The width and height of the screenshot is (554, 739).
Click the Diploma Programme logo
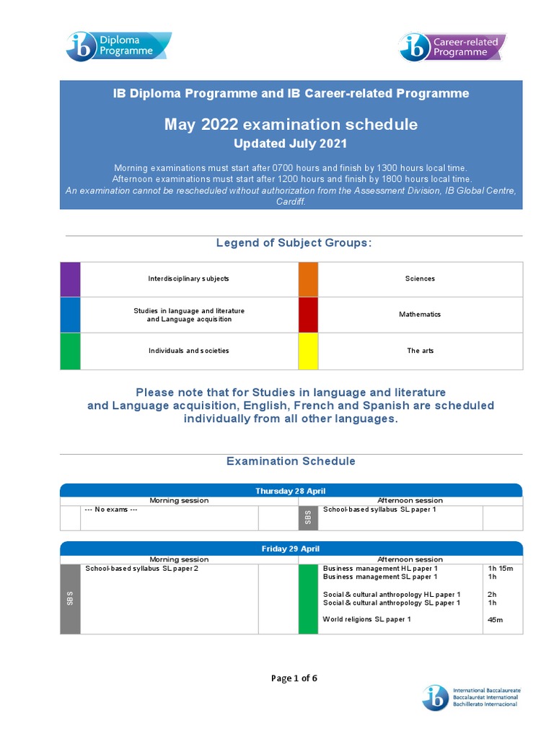click(118, 46)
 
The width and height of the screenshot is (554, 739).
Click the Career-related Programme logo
click(452, 46)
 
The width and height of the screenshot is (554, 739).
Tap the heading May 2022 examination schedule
click(291, 124)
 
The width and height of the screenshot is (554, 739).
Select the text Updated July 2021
click(291, 144)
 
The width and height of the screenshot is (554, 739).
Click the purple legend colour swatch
click(70, 279)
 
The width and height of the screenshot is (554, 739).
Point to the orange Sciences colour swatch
click(308, 279)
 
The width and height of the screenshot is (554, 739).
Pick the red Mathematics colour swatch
click(308, 315)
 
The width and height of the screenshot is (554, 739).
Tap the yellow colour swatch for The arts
click(308, 351)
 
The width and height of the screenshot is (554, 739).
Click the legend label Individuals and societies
click(189, 351)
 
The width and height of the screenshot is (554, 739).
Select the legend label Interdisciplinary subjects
click(189, 279)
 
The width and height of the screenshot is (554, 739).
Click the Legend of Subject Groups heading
click(294, 242)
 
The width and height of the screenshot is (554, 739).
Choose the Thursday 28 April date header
click(291, 491)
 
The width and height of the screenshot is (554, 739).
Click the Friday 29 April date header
click(291, 549)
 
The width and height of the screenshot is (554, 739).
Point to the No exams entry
click(111, 510)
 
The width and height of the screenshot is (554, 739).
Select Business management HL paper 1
click(380, 569)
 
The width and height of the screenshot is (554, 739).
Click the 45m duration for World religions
click(495, 620)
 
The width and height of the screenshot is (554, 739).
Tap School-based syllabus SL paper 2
click(141, 569)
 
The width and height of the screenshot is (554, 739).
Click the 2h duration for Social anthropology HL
click(492, 595)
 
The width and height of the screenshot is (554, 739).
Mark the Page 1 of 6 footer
click(294, 678)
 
